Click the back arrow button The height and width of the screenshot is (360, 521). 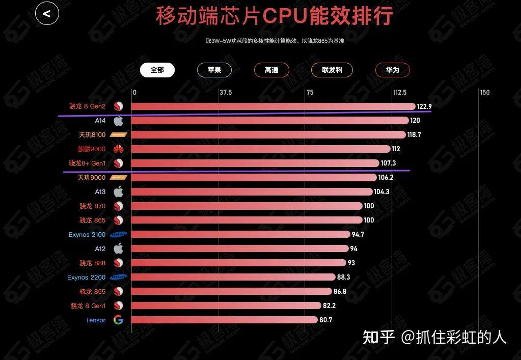[x=47, y=14]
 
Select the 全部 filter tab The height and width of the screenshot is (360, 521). [x=157, y=70]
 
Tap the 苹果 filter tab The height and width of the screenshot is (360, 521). [x=214, y=70]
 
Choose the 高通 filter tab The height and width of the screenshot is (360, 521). [x=271, y=70]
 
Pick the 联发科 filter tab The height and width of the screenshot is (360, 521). [x=332, y=70]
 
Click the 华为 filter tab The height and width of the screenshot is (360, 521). [x=392, y=70]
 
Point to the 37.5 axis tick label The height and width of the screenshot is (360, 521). [x=226, y=93]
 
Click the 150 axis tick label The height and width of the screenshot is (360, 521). [x=485, y=93]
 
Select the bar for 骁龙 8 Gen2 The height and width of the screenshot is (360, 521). [x=273, y=106]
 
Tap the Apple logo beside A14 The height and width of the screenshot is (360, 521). [x=118, y=121]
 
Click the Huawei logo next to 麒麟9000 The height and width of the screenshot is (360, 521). [x=118, y=149]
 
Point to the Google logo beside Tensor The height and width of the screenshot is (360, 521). [x=118, y=320]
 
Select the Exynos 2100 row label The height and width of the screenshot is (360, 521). [x=87, y=235]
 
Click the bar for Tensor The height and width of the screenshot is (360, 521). [x=224, y=320]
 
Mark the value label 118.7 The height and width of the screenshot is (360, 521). [x=414, y=135]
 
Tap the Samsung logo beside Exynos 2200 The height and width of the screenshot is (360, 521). [x=118, y=278]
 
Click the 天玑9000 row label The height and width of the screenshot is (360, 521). [x=92, y=178]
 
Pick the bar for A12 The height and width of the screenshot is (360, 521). [x=239, y=249]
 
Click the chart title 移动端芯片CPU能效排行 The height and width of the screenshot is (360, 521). [x=275, y=16]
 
